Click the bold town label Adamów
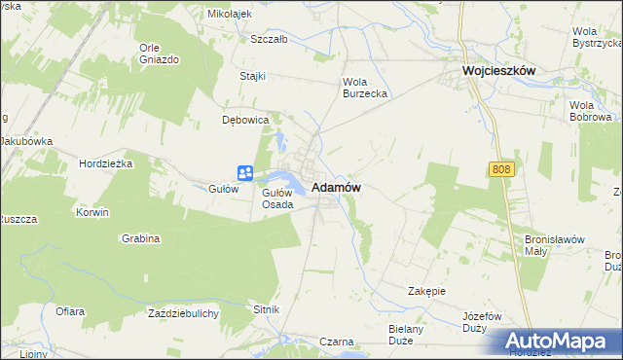pyautogui.click(x=337, y=189)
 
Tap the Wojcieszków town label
pyautogui.click(x=499, y=72)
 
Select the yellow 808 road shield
pyautogui.click(x=500, y=169)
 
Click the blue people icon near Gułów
pyautogui.click(x=245, y=173)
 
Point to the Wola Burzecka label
pyautogui.click(x=365, y=88)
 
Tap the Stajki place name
pyautogui.click(x=254, y=75)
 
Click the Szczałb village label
pyautogui.click(x=269, y=40)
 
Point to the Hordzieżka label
pyautogui.click(x=106, y=163)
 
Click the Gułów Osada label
pyautogui.click(x=277, y=198)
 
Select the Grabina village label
pyautogui.click(x=140, y=237)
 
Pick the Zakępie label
pyautogui.click(x=426, y=291)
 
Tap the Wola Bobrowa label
pyautogui.click(x=588, y=111)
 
